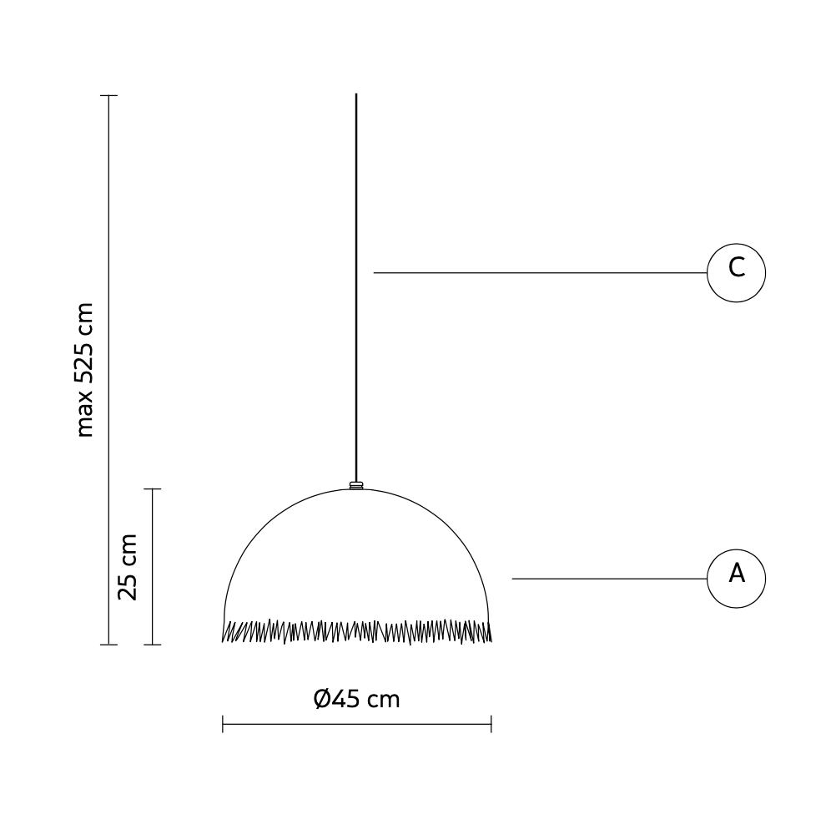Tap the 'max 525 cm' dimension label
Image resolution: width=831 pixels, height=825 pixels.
point(84,370)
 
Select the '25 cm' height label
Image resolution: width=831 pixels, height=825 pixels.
point(128,567)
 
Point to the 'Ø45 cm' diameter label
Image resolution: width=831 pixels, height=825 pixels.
point(356,699)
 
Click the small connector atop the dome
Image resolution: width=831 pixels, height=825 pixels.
point(356,485)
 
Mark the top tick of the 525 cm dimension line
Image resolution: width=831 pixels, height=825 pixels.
point(108,95)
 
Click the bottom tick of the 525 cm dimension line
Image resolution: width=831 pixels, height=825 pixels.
point(108,645)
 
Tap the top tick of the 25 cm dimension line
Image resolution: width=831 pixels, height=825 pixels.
point(153,489)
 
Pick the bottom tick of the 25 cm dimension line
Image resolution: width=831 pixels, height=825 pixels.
point(153,645)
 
